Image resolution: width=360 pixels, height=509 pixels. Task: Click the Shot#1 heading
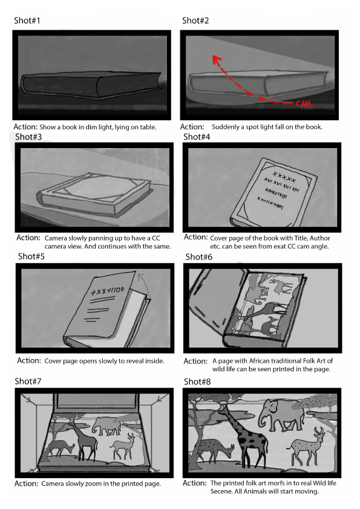(27, 21)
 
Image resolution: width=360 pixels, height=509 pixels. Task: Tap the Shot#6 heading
(199, 257)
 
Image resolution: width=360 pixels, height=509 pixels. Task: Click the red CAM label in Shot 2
(304, 104)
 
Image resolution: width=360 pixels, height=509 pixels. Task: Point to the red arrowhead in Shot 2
(217, 60)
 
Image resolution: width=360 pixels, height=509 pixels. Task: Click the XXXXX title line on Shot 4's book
(284, 177)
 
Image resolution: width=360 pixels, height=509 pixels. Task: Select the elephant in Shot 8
(281, 414)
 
